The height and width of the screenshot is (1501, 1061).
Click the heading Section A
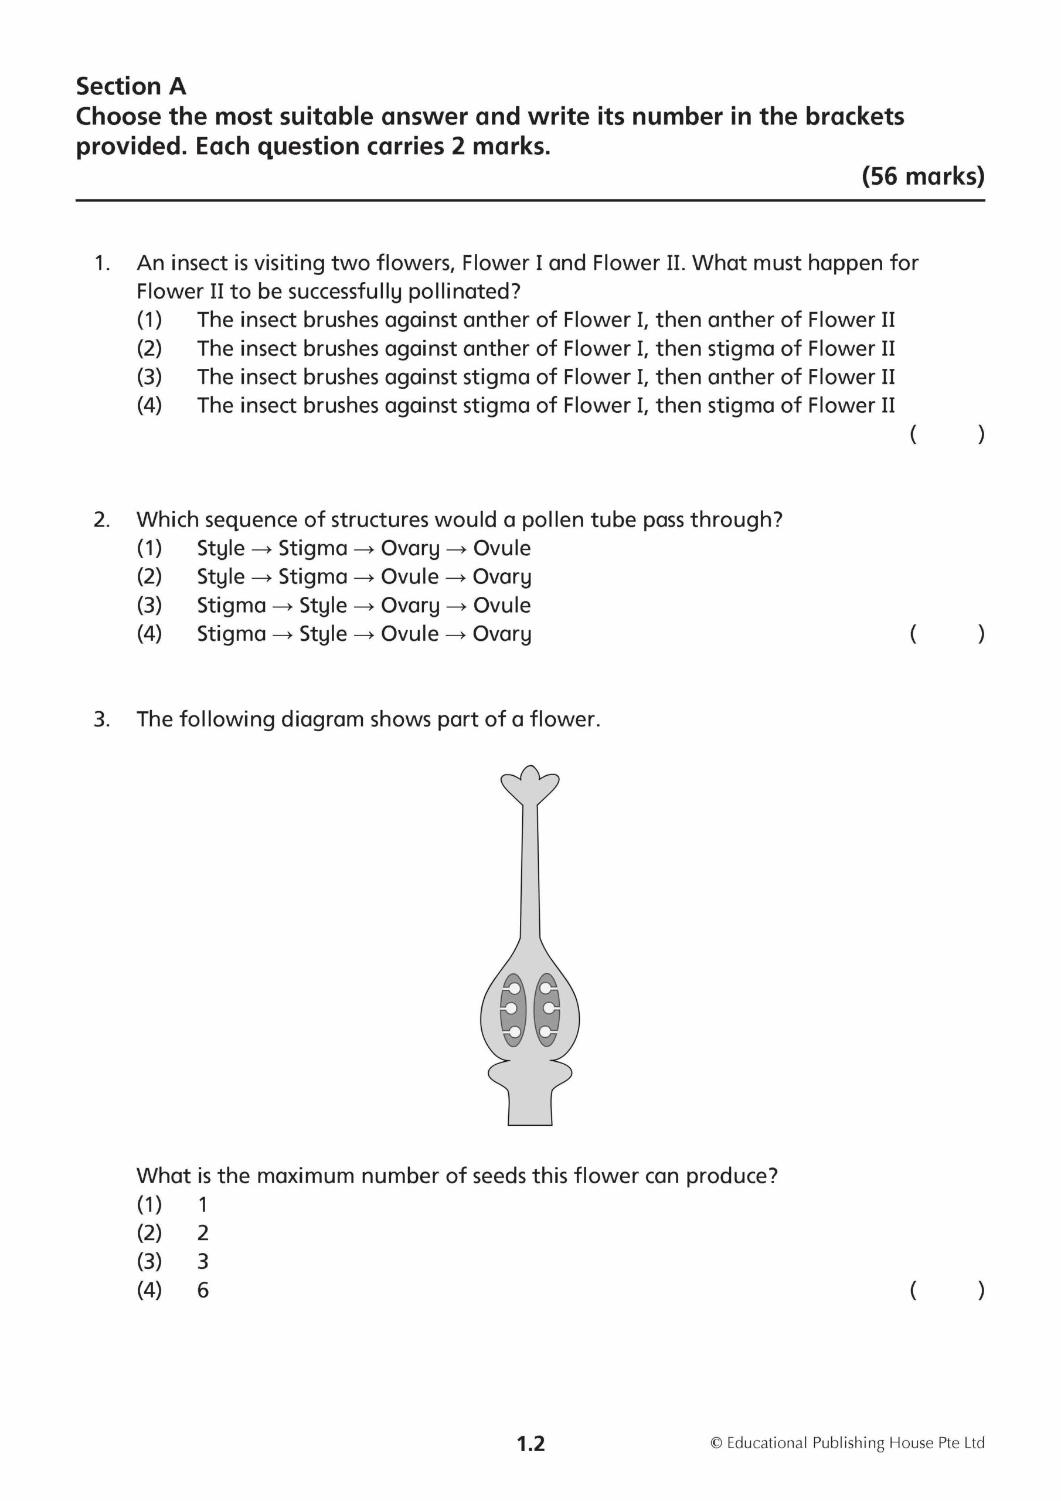click(x=131, y=86)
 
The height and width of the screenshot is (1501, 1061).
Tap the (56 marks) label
click(x=923, y=176)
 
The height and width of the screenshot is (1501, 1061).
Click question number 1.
click(x=102, y=263)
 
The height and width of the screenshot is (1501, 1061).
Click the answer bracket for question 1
click(x=947, y=434)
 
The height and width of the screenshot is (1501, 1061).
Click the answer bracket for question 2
click(x=947, y=633)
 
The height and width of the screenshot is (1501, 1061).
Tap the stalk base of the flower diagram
click(x=530, y=1105)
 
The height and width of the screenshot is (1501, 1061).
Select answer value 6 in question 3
click(x=203, y=1291)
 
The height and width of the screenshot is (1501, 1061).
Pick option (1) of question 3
click(x=149, y=1204)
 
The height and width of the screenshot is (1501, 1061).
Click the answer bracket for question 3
click(x=947, y=1291)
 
